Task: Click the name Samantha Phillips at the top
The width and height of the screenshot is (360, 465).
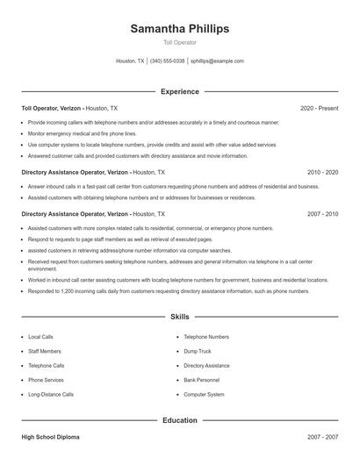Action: [179, 29]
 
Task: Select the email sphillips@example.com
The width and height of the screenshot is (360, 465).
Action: [217, 61]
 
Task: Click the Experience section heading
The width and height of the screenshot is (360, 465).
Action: [179, 91]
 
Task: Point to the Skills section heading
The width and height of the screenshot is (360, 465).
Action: [179, 316]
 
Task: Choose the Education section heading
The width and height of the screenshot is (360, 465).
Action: [179, 420]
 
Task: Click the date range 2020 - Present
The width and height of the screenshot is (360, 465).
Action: [319, 108]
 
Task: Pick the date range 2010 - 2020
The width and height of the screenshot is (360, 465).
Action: [322, 173]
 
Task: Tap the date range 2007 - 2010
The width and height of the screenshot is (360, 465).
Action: [322, 214]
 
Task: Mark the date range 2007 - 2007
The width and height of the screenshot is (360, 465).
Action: [322, 436]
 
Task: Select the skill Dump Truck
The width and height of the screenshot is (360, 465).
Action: [197, 351]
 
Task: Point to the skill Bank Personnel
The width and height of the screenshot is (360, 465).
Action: [202, 380]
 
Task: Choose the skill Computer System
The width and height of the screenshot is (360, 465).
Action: [204, 395]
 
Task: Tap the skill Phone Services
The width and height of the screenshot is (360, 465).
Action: [46, 380]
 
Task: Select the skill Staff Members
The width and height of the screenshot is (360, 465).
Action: [45, 351]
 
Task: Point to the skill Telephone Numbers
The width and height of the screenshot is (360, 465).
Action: [206, 337]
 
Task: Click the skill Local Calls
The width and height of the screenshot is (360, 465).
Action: [40, 337]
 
